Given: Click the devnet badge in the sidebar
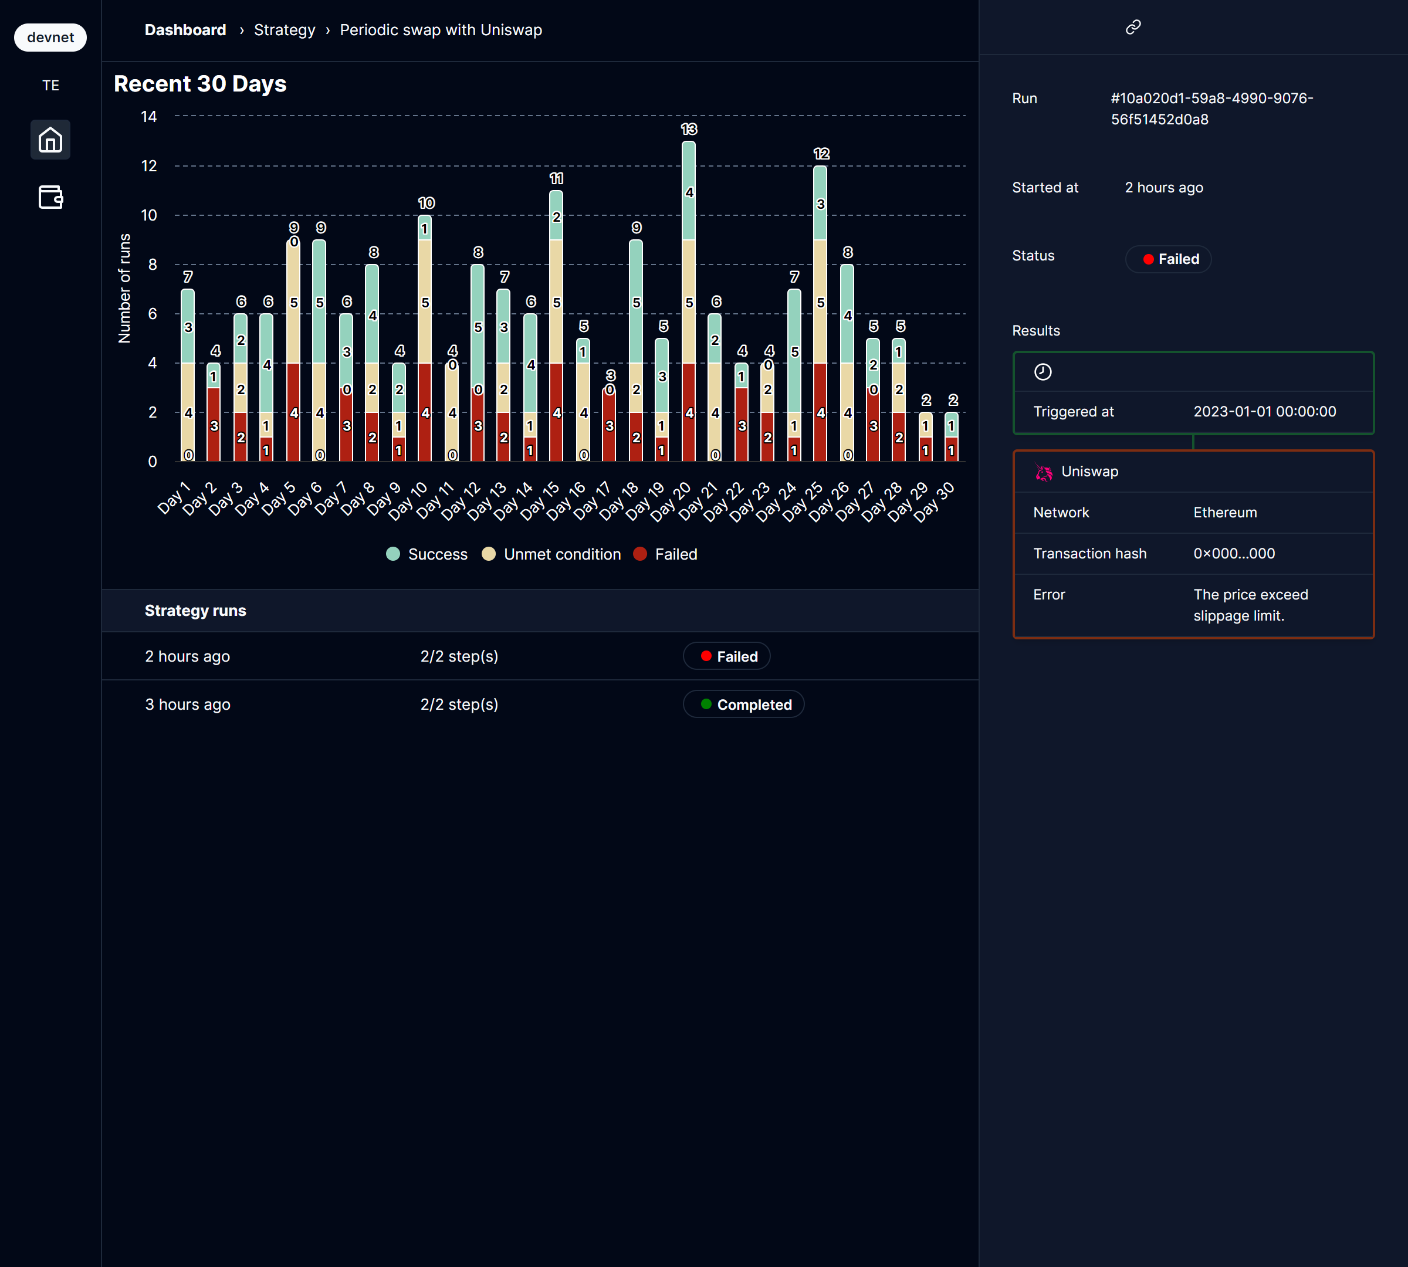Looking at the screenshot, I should point(50,38).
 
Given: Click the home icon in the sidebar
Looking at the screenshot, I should point(50,140).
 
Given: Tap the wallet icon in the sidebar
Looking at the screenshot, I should point(50,197).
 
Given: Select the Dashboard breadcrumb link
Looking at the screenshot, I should point(185,30).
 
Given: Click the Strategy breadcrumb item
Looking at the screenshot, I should point(284,30).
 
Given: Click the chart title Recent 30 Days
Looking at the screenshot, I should point(200,83).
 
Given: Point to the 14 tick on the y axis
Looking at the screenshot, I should point(149,116).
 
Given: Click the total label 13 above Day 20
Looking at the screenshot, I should point(689,130).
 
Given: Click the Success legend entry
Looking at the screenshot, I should point(427,554).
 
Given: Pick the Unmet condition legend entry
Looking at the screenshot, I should point(551,554).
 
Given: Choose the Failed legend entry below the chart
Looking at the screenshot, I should point(666,554).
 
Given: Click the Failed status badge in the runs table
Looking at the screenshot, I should point(726,656).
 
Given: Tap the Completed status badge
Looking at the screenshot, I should point(744,704).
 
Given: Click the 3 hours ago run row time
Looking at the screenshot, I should point(187,704).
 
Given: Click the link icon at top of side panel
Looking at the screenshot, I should point(1133,27).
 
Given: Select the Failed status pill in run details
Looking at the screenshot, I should point(1169,259).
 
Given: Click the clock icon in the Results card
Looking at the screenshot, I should point(1043,372).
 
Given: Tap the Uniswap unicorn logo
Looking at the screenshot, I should point(1043,473).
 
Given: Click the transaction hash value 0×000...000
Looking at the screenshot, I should point(1234,554).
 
